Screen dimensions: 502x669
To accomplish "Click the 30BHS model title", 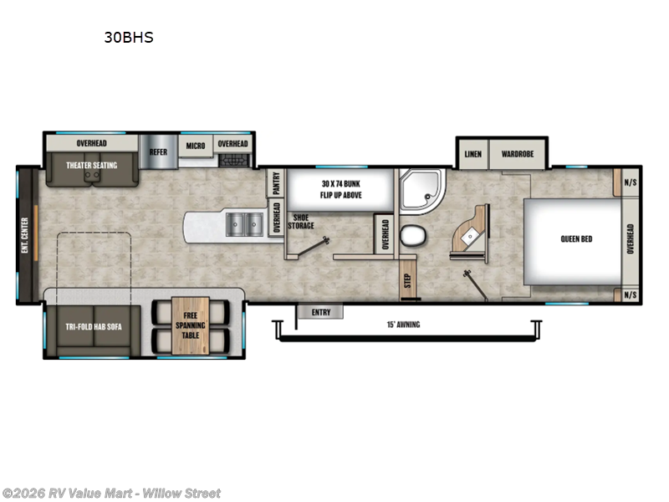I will [x=128, y=38].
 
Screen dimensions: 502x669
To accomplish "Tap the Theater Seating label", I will [x=93, y=166].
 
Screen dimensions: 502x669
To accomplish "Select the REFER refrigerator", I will [x=157, y=152].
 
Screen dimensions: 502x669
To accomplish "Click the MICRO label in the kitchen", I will [x=196, y=145].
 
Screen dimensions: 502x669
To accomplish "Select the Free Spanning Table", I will [x=189, y=324].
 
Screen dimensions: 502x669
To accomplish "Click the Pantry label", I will [x=274, y=183].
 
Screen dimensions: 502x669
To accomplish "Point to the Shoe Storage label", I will [x=302, y=222].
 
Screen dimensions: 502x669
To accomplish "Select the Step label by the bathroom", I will [x=407, y=279].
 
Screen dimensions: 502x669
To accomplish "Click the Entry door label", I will [x=320, y=312].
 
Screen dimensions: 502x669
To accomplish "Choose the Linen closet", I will [x=472, y=154].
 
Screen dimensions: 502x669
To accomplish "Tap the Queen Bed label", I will [x=576, y=238].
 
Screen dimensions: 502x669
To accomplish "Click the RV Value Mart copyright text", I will [x=112, y=493].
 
